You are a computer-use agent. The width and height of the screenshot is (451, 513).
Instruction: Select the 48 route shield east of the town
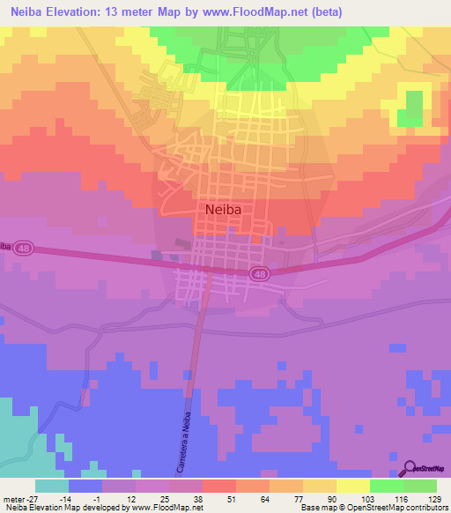(259, 274)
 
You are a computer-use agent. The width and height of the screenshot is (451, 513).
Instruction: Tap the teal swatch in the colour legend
(51, 486)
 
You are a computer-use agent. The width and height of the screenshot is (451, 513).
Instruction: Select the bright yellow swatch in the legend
(352, 486)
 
